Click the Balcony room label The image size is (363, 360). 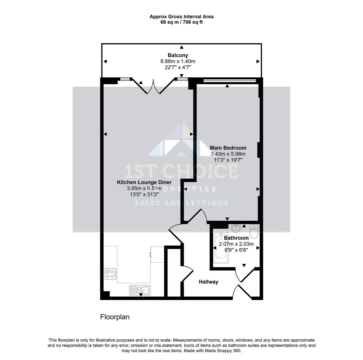tap(178, 55)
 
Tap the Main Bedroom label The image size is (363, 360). tap(228, 148)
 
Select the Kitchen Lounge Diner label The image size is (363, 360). tap(144, 182)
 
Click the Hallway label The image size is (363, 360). tap(208, 282)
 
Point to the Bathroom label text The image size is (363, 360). tap(236, 238)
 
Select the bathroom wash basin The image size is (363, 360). tap(236, 228)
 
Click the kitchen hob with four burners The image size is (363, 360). tap(110, 274)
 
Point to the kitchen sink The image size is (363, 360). tap(140, 290)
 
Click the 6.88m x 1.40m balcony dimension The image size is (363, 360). tap(178, 61)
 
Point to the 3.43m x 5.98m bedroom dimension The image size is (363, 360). tap(228, 154)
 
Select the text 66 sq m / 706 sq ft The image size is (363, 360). tap(181, 22)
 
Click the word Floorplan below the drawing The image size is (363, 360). tap(115, 317)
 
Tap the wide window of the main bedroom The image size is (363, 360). tap(229, 80)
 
